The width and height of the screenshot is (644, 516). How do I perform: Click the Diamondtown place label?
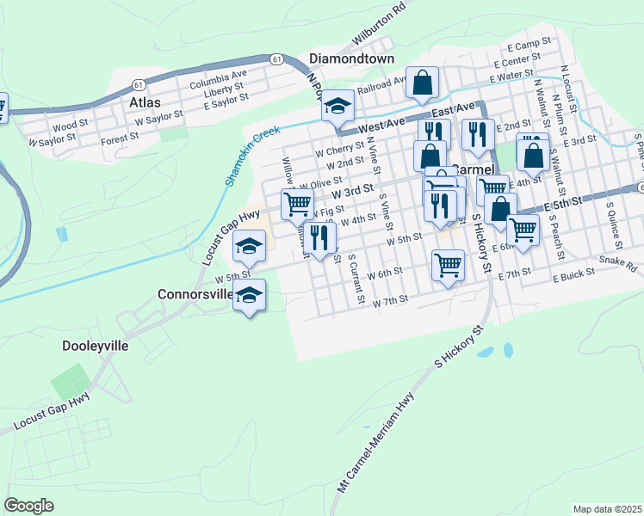point(351,59)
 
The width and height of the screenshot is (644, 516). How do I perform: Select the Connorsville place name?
point(195,294)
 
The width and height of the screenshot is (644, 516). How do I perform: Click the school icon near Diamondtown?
point(337,107)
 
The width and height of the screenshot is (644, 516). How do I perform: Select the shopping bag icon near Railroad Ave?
point(423,83)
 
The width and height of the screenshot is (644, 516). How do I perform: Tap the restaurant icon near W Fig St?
point(319,237)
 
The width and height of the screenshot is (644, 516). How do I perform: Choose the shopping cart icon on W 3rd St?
point(297,205)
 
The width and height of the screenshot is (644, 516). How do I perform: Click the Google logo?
point(29,505)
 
